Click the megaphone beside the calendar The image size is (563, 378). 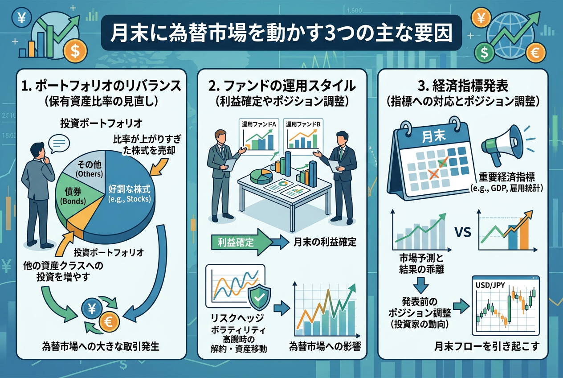pyautogui.click(x=499, y=145)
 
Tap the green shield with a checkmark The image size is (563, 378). pyautogui.click(x=259, y=299)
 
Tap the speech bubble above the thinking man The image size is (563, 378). pyautogui.click(x=59, y=144)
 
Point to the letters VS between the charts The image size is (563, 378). pyautogui.click(x=463, y=232)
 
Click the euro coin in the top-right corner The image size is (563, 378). pyautogui.click(x=536, y=53)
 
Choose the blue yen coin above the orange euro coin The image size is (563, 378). pyautogui.click(x=92, y=308)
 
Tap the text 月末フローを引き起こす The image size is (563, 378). pyautogui.click(x=487, y=346)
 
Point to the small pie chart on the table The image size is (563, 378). pyautogui.click(x=261, y=176)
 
